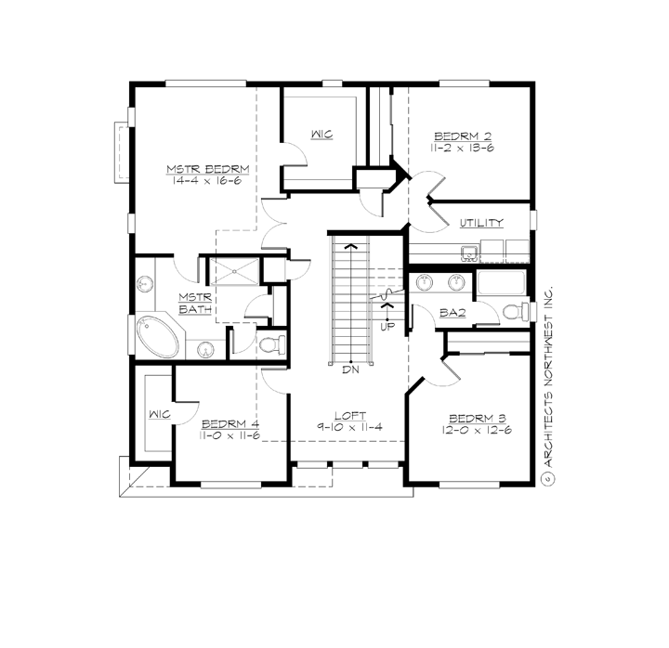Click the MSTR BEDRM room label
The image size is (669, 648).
pyautogui.click(x=208, y=169)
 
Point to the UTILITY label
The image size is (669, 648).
pyautogui.click(x=481, y=223)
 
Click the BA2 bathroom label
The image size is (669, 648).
pyautogui.click(x=453, y=314)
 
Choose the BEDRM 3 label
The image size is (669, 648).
pyautogui.click(x=472, y=417)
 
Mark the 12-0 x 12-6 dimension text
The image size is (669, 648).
pyautogui.click(x=472, y=430)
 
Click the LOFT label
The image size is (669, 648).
pyautogui.click(x=351, y=415)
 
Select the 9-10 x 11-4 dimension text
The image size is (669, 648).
pyautogui.click(x=351, y=428)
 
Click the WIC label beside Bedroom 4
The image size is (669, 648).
pyautogui.click(x=158, y=414)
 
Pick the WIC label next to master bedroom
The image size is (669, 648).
pyautogui.click(x=321, y=135)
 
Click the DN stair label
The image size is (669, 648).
pyautogui.click(x=350, y=369)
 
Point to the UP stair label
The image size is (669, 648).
pyautogui.click(x=387, y=326)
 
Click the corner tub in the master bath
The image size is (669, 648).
pyautogui.click(x=151, y=334)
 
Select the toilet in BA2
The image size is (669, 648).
pyautogui.click(x=509, y=309)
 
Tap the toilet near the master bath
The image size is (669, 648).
pyautogui.click(x=270, y=345)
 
